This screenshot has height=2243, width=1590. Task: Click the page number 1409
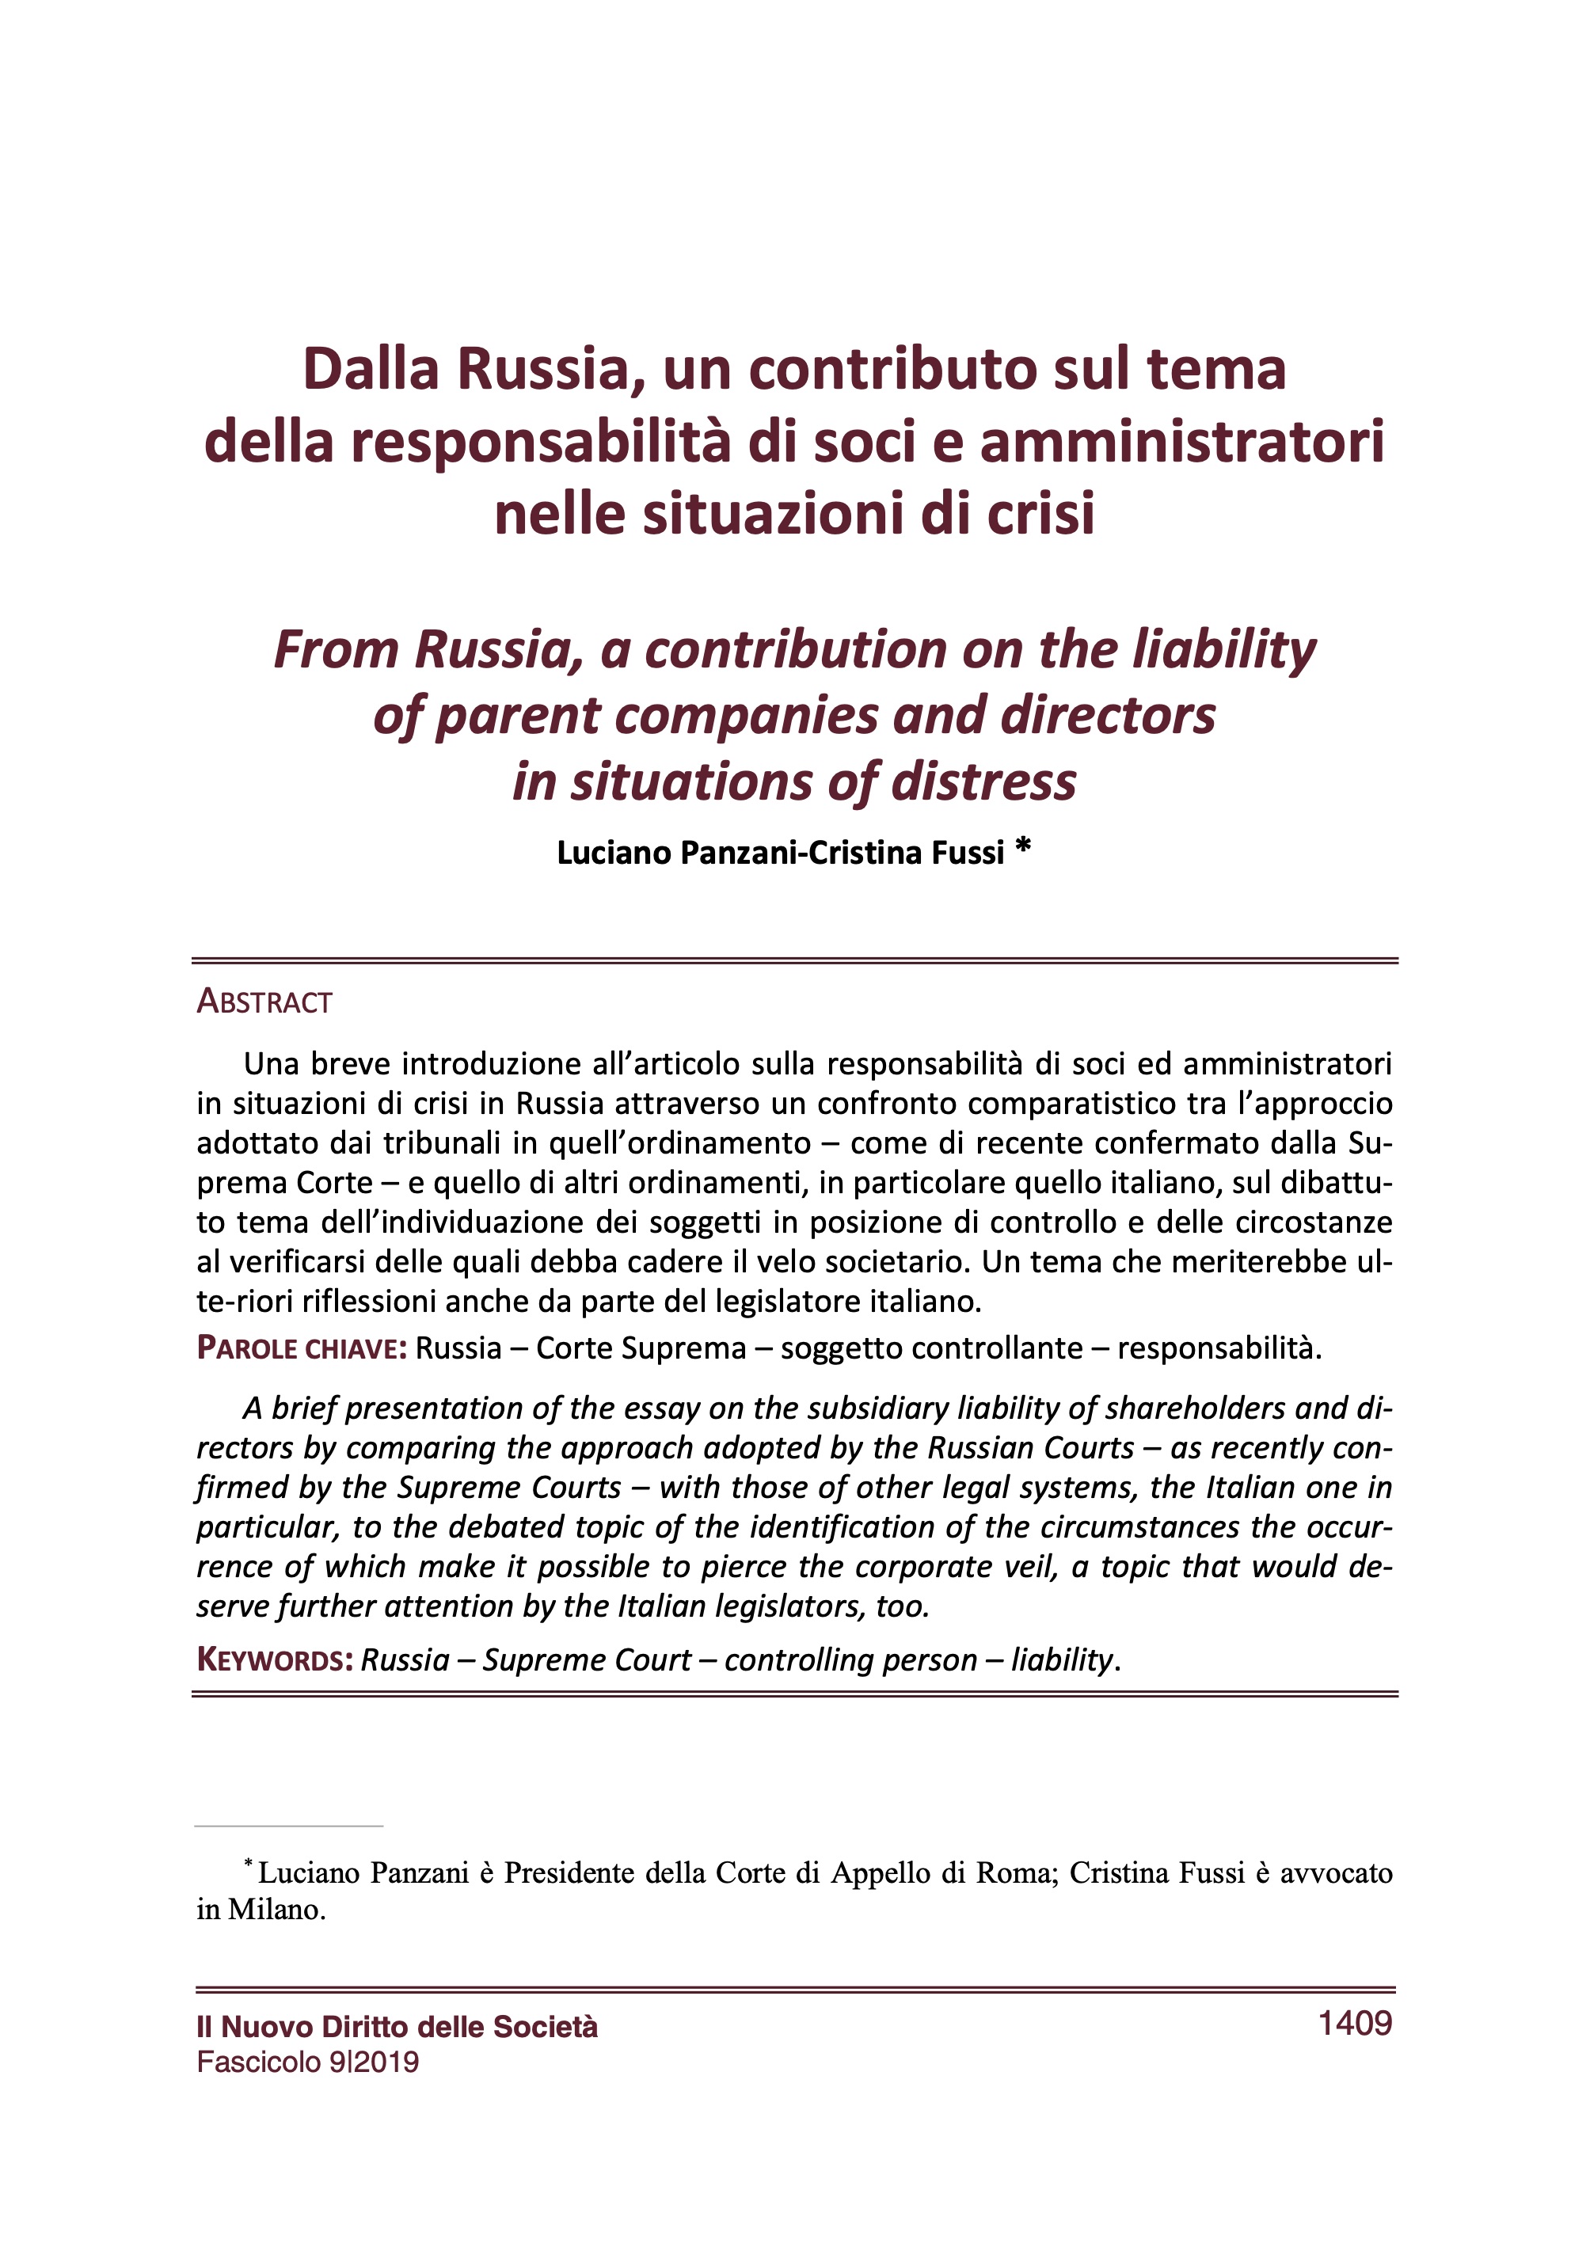click(1354, 2022)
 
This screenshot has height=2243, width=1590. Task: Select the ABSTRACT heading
click(264, 1002)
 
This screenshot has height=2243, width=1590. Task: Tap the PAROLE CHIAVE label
click(302, 1348)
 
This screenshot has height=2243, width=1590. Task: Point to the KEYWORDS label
click(274, 1659)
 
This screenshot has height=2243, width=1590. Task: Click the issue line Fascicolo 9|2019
click(307, 2062)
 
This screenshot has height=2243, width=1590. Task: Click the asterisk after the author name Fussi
click(1023, 847)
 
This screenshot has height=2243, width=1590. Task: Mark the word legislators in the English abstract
click(787, 1606)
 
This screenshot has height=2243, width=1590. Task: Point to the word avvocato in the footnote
click(1336, 1872)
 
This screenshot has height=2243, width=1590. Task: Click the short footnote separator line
click(289, 1826)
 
